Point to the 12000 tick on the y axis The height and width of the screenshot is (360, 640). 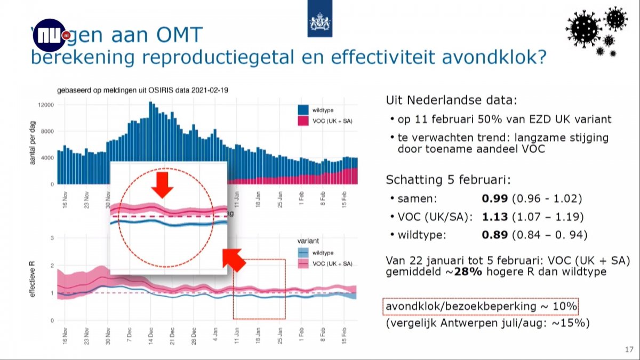(x=46, y=105)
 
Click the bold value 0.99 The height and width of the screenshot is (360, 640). (x=493, y=199)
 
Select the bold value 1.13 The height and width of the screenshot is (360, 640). (x=493, y=217)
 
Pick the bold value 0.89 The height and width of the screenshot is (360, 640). (x=493, y=235)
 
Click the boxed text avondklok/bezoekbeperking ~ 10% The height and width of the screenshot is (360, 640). (x=481, y=307)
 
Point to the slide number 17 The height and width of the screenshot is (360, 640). (x=628, y=349)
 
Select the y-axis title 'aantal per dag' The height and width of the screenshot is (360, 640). (x=33, y=143)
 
